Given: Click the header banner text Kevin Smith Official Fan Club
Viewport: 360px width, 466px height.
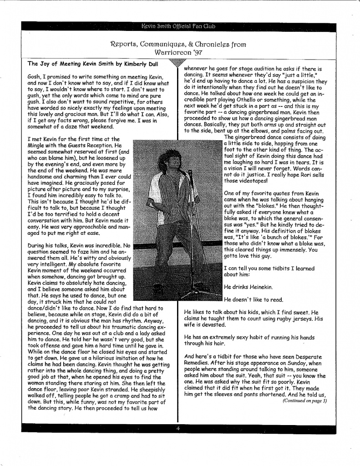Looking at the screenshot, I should pyautogui.click(x=178, y=26).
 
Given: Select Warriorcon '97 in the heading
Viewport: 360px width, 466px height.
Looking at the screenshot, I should pyautogui.click(x=178, y=53).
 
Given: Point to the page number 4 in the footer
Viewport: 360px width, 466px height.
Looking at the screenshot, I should pyautogui.click(x=178, y=428).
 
